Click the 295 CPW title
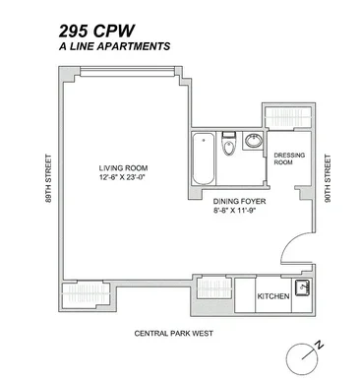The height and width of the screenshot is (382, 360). pos(96,32)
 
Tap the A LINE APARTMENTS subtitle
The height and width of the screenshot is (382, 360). pos(114,46)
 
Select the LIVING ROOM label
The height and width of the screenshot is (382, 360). pos(123,168)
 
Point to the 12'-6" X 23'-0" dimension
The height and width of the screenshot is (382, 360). pos(122,177)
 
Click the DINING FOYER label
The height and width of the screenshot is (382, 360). pos(239,201)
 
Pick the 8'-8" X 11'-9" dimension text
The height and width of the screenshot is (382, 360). pos(234,211)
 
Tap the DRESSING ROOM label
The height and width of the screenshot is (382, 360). pos(289,159)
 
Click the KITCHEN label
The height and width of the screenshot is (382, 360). pos(273,296)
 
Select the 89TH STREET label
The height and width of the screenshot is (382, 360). pos(48,178)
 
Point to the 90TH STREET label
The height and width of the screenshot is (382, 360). pos(328,178)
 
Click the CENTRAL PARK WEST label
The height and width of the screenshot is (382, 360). pos(174,334)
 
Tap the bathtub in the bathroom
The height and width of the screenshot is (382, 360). pos(204,159)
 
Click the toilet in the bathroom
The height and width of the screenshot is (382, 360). pos(228,144)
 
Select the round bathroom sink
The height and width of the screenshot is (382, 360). pos(254,141)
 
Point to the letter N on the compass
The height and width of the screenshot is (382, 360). pos(319,346)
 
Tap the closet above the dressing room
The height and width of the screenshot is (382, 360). pos(288,117)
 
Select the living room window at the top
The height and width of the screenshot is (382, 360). pos(128,72)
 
